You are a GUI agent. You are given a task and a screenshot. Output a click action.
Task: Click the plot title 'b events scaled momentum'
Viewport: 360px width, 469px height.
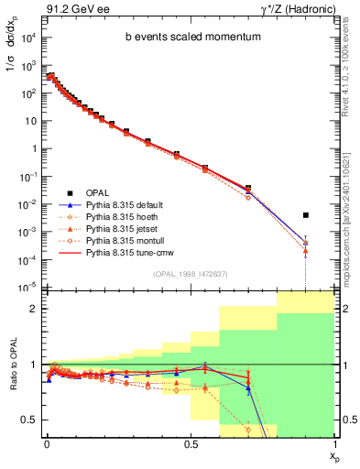click(x=188, y=38)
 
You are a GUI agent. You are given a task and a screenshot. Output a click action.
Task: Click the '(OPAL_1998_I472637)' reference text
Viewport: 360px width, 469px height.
click(x=188, y=274)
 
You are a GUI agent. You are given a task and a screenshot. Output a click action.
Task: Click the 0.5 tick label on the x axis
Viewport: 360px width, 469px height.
click(x=190, y=442)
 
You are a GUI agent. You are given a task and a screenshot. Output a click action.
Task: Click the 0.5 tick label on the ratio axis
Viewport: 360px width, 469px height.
click(x=29, y=420)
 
